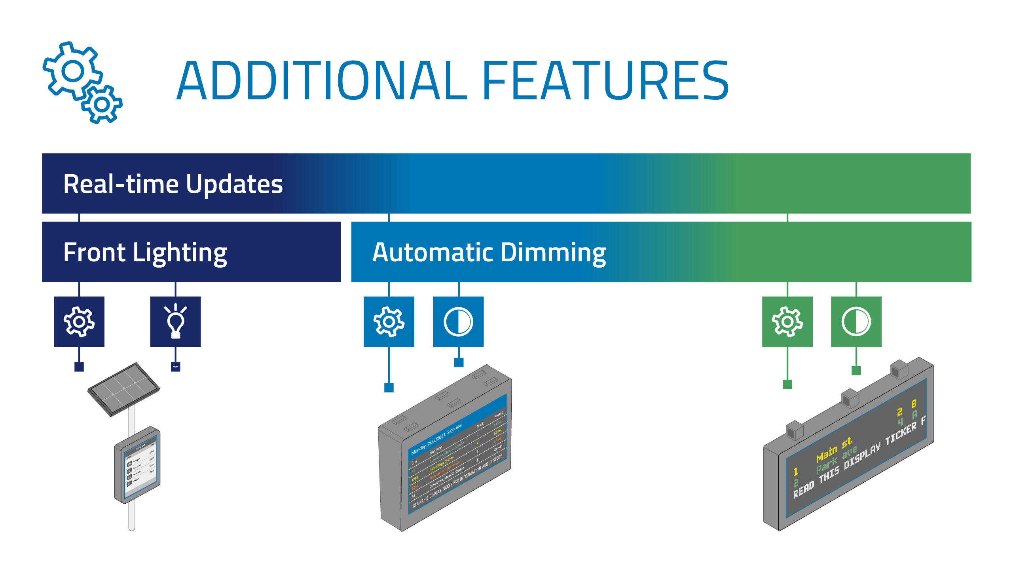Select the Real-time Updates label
[173, 184]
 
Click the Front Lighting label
[145, 253]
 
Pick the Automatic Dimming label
[489, 253]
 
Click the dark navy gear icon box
[79, 322]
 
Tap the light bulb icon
[175, 322]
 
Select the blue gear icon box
[389, 322]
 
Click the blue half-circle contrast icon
[458, 322]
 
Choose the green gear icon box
[787, 322]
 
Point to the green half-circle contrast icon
[856, 322]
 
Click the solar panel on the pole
[123, 388]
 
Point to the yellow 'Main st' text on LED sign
[834, 448]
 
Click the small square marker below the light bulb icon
[175, 367]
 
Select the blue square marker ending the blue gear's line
[389, 388]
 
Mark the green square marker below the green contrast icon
[856, 371]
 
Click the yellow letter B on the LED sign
[914, 404]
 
